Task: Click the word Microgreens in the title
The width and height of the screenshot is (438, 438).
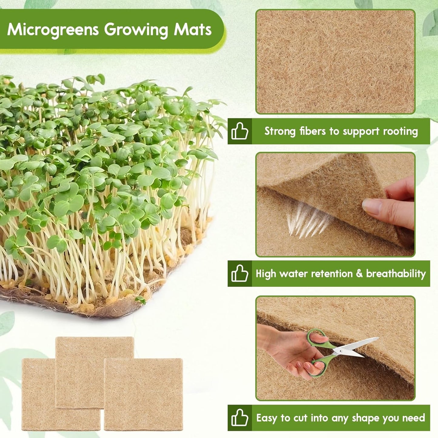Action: [x=53, y=29]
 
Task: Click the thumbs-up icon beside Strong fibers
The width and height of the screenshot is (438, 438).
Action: [x=239, y=131]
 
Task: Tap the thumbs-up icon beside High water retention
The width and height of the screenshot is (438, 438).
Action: [x=239, y=273]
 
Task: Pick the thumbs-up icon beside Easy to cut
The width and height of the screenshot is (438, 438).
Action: [x=239, y=418]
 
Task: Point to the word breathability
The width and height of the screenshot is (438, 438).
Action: [x=396, y=273]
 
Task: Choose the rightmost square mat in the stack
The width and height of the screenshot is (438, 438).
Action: [x=143, y=394]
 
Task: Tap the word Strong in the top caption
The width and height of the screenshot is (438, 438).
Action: [x=280, y=131]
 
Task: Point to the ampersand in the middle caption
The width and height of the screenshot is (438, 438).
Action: [x=359, y=273]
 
